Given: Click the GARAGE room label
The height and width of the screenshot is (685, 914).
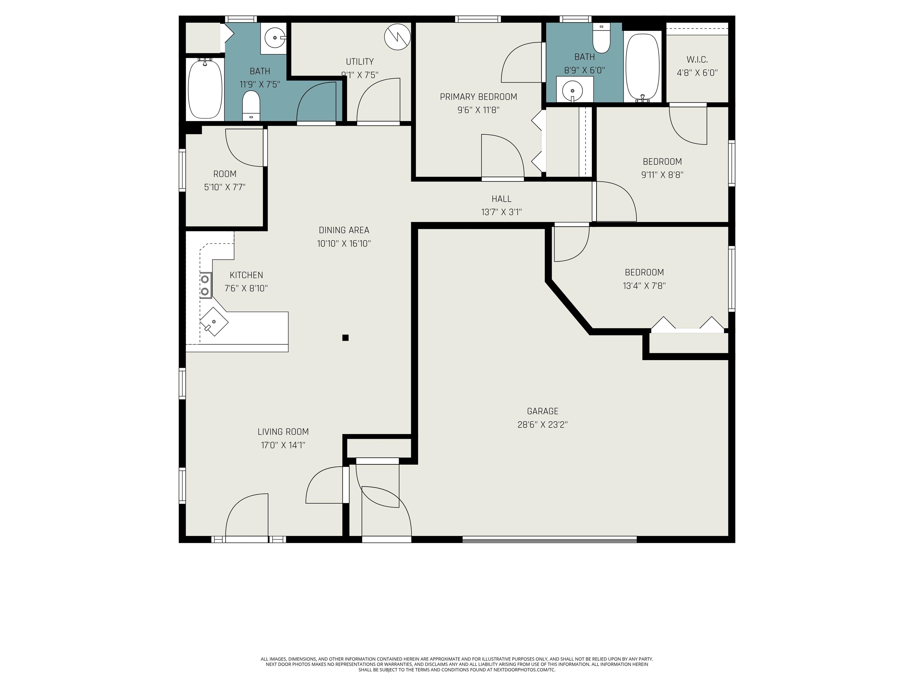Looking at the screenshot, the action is tap(542, 411).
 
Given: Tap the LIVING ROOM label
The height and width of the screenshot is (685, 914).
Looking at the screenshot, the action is tap(283, 432).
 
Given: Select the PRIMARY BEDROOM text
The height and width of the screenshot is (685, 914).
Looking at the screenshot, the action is tap(478, 97).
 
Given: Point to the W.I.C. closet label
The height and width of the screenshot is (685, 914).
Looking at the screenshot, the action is tap(697, 60).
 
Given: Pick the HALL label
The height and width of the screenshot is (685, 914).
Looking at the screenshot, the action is tap(502, 199).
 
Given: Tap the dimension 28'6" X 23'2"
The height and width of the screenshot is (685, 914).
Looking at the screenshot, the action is tap(542, 425).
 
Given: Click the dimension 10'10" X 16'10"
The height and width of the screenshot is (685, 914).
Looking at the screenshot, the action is tap(344, 243).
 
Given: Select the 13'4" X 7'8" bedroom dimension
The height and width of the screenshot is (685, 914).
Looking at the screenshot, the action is tap(644, 286).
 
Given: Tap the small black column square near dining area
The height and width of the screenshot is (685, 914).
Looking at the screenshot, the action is tap(345, 338).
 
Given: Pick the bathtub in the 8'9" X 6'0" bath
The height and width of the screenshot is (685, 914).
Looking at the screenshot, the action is tap(643, 67).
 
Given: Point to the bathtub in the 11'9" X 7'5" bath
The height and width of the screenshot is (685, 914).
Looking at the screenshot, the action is tap(204, 89).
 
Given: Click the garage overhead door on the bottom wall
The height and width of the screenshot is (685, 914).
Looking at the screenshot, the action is tap(550, 538).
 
